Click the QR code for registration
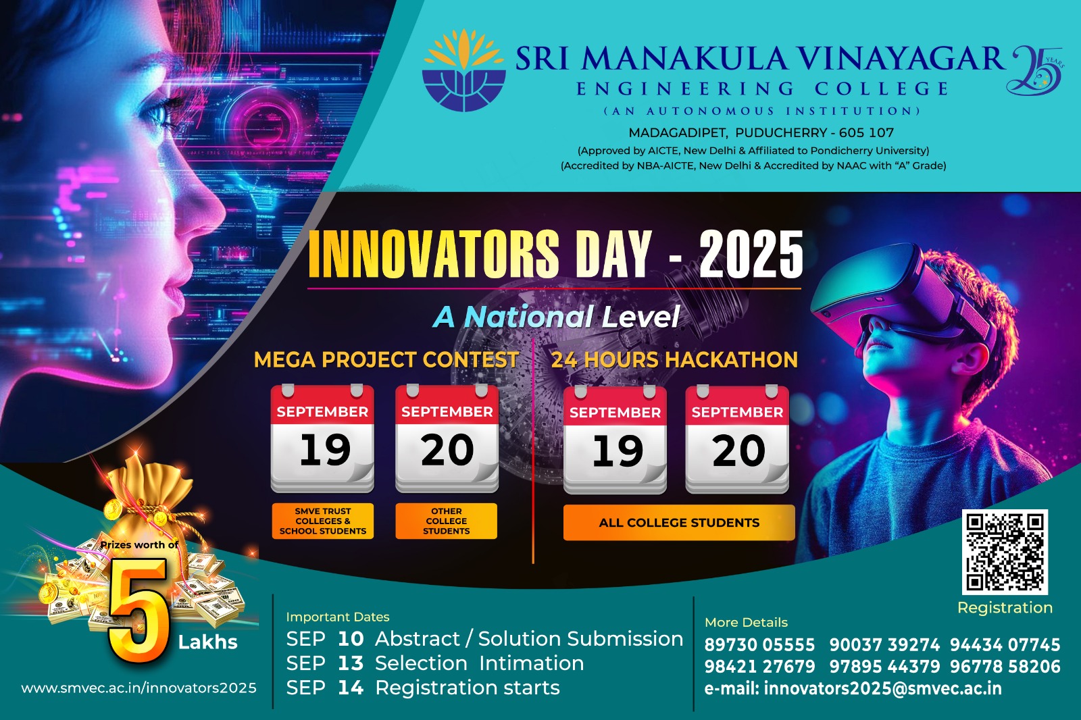tap(1005, 552)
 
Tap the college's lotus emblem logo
tap(463, 70)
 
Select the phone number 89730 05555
tap(759, 645)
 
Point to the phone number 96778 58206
tap(1005, 667)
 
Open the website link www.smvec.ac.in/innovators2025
tap(139, 688)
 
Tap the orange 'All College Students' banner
tap(679, 523)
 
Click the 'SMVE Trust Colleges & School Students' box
tap(323, 521)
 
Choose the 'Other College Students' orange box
tap(447, 521)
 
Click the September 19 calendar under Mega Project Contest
tap(322, 438)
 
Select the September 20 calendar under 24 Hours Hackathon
tap(737, 440)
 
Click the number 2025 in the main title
tap(751, 255)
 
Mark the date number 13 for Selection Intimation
tap(351, 663)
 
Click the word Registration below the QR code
tap(1005, 608)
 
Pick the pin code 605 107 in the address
tap(866, 132)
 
